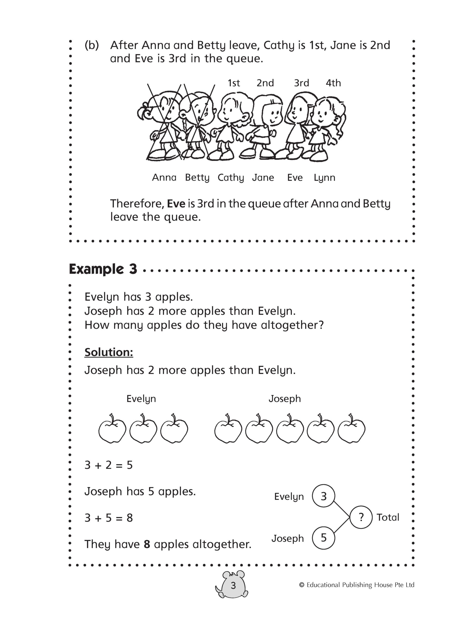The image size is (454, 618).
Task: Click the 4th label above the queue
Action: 333,83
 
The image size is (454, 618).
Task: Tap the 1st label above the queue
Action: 234,83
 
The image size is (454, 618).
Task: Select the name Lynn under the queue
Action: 324,178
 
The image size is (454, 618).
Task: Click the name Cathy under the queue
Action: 231,178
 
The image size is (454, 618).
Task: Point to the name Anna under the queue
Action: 164,178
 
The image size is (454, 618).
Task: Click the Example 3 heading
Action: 103,269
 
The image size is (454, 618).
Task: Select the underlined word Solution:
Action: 109,352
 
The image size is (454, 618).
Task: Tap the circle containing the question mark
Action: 361,517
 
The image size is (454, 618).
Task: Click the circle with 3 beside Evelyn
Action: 323,496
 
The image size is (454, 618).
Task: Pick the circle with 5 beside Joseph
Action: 323,538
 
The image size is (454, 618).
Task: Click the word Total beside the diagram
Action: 387,517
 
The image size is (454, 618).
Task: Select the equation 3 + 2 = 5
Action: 109,465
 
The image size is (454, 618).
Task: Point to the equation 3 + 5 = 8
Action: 109,518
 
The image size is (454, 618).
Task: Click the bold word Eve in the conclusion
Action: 176,204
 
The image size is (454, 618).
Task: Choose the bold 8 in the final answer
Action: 147,544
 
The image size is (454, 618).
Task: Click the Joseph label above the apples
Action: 284,399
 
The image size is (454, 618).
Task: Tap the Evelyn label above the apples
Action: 141,399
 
